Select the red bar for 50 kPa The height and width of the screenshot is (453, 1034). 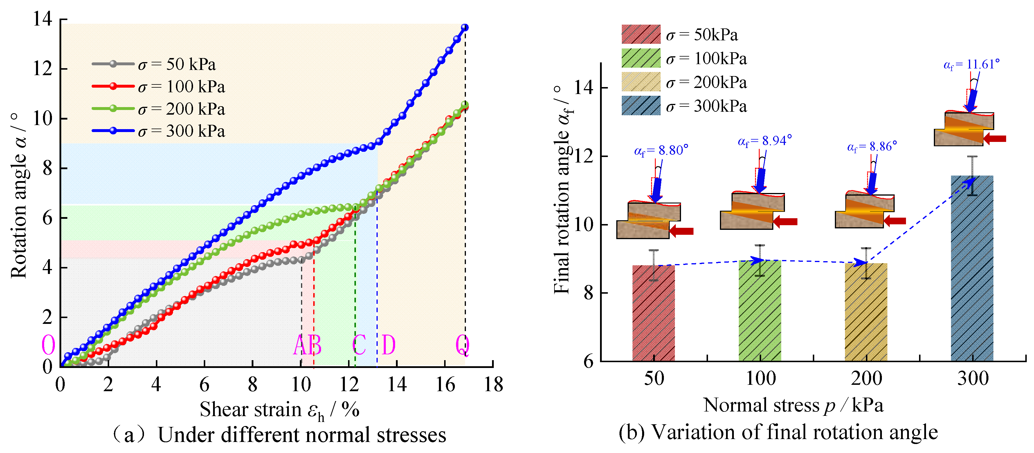pos(653,313)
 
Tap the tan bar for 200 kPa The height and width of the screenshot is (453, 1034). pos(866,312)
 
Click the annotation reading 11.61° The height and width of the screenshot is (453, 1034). pos(971,64)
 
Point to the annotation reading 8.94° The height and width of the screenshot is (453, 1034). pos(765,141)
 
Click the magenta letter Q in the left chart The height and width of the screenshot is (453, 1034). pos(462,345)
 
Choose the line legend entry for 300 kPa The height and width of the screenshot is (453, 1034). pos(158,131)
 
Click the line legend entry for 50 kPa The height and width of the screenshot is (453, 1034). pos(154,64)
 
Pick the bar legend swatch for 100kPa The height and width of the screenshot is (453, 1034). pos(641,58)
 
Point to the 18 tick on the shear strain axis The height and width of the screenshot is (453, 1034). pos(493,385)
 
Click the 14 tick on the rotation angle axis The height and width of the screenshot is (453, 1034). pos(43,19)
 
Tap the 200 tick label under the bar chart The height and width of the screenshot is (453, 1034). pos(866,378)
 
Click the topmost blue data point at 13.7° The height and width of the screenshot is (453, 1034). pos(465,27)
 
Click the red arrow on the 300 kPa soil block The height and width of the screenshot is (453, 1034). pos(995,138)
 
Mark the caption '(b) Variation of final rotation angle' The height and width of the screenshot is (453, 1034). pos(778,432)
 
